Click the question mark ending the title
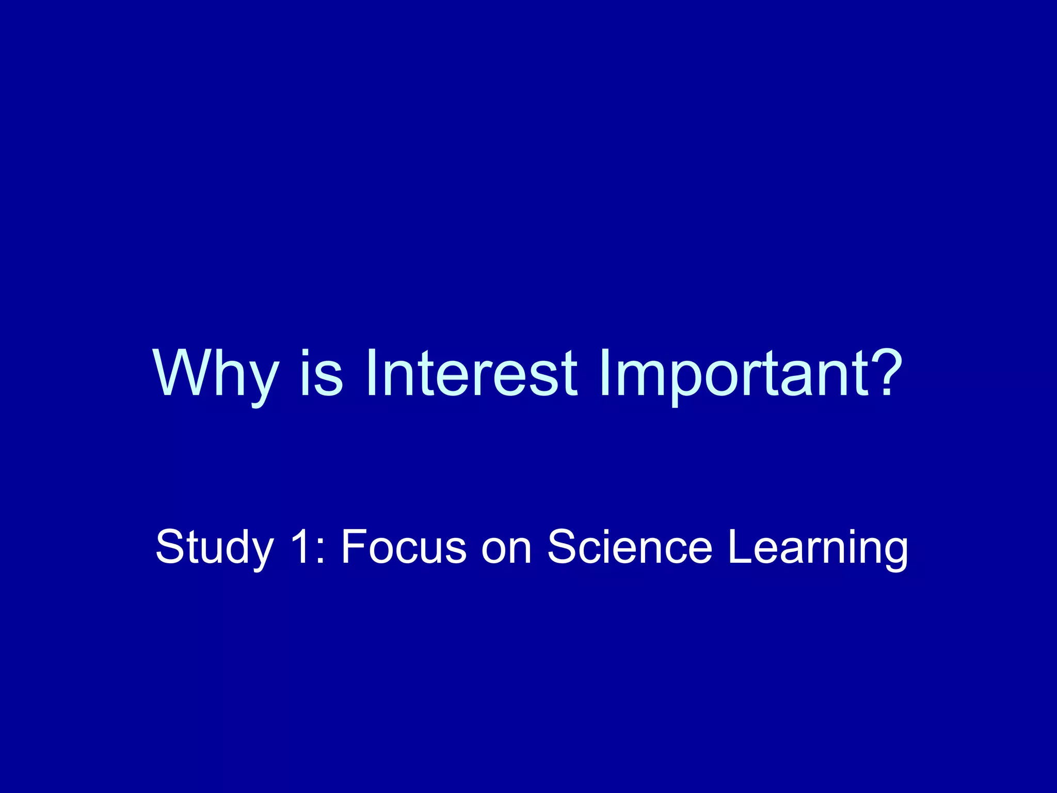[886, 372]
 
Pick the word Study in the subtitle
[214, 547]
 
